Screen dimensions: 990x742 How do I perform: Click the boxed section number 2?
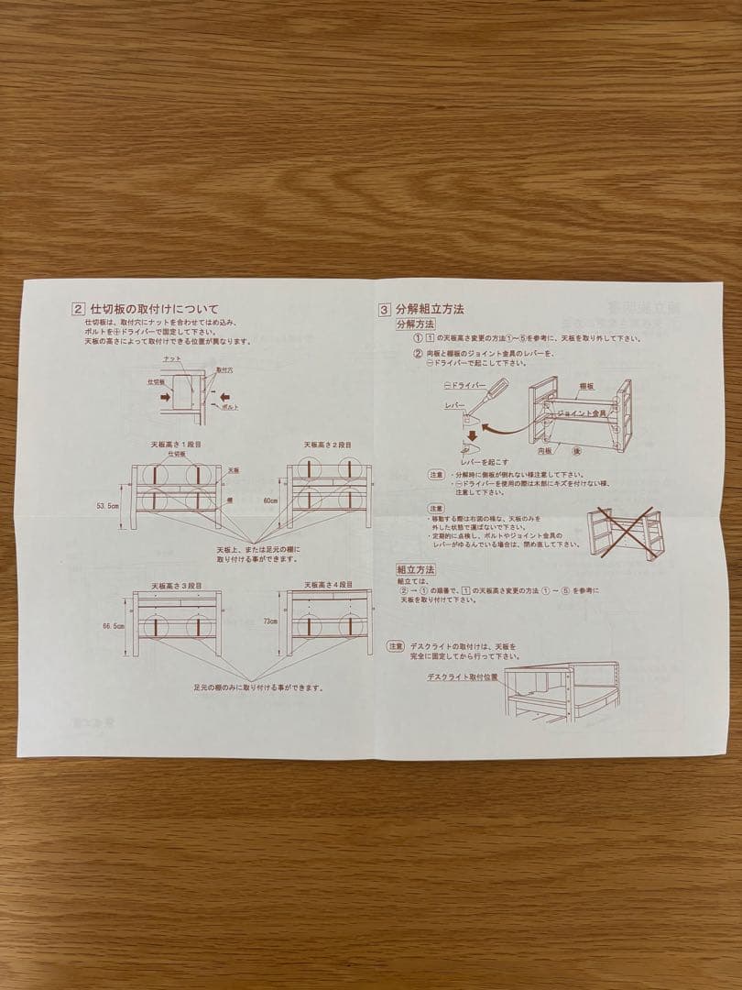pos(79,309)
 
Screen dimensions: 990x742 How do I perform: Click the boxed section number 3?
pos(385,309)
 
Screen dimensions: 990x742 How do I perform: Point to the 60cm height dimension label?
pos(269,501)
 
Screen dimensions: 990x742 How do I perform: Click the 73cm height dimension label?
pos(270,621)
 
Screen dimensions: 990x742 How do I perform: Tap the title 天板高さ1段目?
pos(176,444)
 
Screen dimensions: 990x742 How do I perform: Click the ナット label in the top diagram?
pos(170,358)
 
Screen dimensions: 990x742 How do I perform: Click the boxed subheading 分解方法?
pos(415,324)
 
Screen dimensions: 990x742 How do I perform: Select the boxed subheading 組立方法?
pos(415,569)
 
